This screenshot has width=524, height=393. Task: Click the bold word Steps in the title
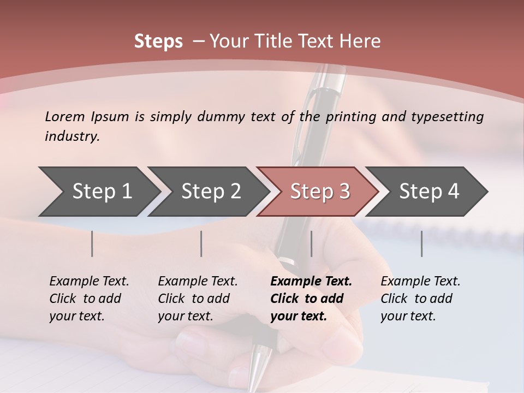tap(158, 41)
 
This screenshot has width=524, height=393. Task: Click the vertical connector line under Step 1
tap(92, 243)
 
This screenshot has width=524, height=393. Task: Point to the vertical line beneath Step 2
tap(201, 243)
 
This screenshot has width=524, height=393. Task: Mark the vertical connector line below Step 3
tap(311, 243)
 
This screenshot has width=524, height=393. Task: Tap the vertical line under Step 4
tap(421, 243)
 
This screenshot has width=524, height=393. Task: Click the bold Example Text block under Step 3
tap(311, 299)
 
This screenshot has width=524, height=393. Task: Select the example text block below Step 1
tap(89, 299)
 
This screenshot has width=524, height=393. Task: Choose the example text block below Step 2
tap(198, 299)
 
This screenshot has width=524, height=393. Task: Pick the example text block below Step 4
tap(420, 299)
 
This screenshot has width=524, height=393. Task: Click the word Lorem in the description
tap(65, 116)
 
